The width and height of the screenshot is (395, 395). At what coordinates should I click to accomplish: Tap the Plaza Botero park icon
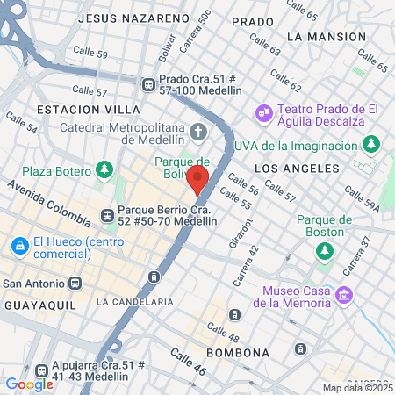pos(105,169)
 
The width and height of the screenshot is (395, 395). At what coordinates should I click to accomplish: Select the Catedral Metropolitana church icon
pos(199,133)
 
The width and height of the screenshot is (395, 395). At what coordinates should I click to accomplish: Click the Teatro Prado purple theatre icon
pos(261,112)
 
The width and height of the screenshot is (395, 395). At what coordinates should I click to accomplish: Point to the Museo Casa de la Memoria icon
pos(344,295)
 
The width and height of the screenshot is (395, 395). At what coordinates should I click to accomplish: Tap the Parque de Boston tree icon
pos(325,251)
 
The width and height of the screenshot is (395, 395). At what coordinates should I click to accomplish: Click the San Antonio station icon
pos(75,284)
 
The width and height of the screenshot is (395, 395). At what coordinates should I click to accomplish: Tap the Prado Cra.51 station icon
pos(148,83)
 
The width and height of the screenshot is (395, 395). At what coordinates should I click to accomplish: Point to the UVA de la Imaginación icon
pos(372,142)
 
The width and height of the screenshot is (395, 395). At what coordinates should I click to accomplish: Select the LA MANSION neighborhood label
pos(326,37)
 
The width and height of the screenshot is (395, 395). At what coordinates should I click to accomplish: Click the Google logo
pos(29,384)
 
